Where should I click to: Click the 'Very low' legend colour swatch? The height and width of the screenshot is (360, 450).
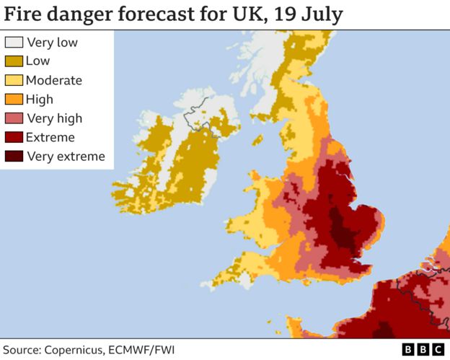click(14, 43)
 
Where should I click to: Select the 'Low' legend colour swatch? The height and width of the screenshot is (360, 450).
click(14, 61)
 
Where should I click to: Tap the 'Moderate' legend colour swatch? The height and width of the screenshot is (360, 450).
click(14, 80)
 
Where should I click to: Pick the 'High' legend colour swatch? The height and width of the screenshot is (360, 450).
click(14, 100)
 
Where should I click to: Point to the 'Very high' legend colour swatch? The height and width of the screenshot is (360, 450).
click(14, 118)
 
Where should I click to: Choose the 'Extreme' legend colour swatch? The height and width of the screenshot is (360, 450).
click(14, 137)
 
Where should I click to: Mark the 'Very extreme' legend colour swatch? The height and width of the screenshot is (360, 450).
click(14, 156)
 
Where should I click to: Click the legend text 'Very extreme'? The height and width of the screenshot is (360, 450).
click(66, 156)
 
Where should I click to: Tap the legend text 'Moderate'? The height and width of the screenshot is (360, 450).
click(54, 80)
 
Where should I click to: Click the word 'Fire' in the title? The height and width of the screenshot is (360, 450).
click(25, 14)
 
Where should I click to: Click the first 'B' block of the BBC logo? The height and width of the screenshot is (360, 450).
click(408, 349)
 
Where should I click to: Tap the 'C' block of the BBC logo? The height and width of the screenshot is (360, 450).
click(437, 349)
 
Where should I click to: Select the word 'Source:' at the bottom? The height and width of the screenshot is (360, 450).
click(25, 349)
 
